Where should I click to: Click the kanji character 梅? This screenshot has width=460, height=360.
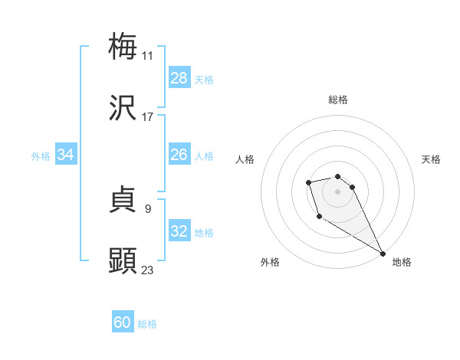point(123,47)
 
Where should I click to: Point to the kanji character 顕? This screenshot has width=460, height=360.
point(123,261)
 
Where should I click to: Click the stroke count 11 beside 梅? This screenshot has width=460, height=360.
point(147,56)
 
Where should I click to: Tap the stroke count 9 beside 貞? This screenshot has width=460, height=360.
point(147,208)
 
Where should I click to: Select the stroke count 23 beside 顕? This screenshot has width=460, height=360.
point(147,270)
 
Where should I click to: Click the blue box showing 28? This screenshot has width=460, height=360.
point(179,78)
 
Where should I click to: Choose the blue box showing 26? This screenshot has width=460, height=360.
point(179,155)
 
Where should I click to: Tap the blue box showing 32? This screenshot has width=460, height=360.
point(179,231)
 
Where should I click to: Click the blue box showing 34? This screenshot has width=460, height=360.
point(66,155)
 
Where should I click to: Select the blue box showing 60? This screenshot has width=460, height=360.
point(123,322)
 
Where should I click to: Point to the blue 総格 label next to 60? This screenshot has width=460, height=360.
point(147,324)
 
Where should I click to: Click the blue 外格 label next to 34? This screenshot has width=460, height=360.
point(41,156)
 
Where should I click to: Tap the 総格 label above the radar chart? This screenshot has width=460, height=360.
point(338,100)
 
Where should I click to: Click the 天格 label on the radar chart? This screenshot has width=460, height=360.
point(431,159)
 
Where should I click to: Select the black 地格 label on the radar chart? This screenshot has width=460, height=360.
point(402,263)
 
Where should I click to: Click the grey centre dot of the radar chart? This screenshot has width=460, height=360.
point(338,191)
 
